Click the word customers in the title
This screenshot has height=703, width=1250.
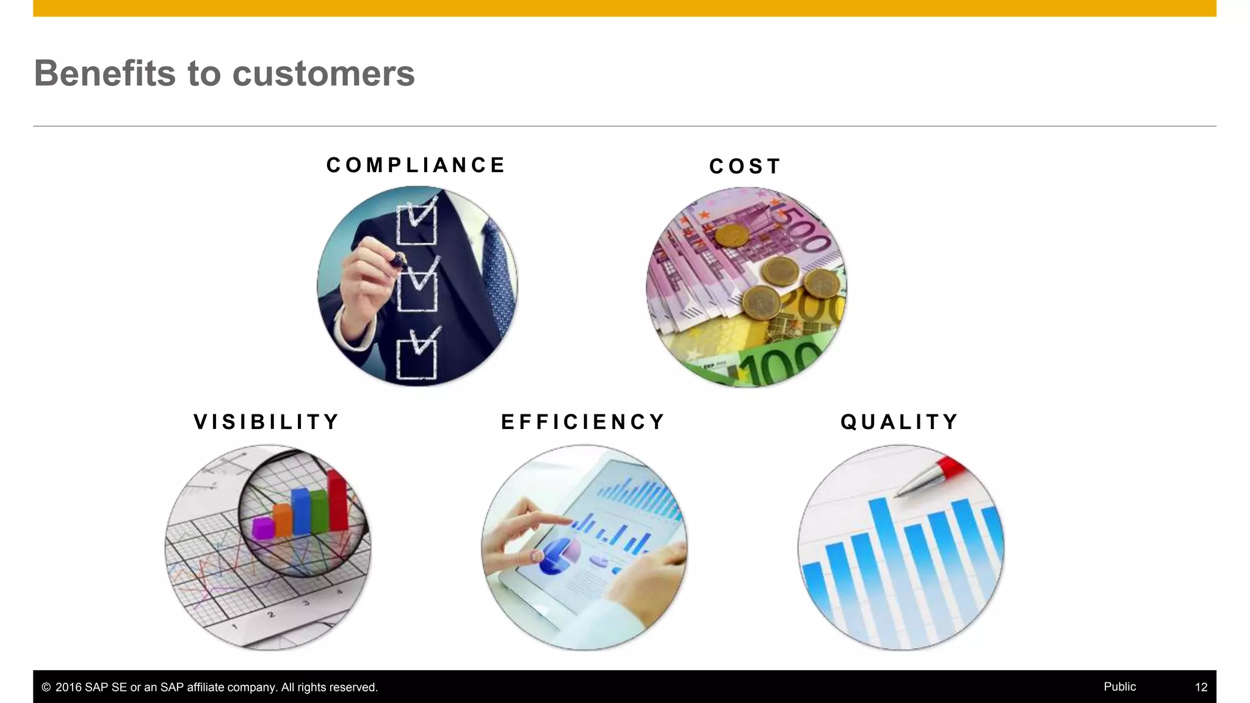323,74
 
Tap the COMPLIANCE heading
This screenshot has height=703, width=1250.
416,165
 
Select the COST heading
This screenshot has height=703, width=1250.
745,167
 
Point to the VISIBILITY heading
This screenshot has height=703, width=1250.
267,422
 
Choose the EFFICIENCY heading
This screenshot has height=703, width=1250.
583,422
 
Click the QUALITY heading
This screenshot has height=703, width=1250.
900,422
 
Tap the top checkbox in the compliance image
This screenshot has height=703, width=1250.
416,224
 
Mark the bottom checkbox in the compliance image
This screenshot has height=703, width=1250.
416,359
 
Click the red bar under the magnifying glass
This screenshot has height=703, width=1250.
337,500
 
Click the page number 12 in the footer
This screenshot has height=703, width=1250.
1201,687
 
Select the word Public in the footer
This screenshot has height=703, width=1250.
1119,687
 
